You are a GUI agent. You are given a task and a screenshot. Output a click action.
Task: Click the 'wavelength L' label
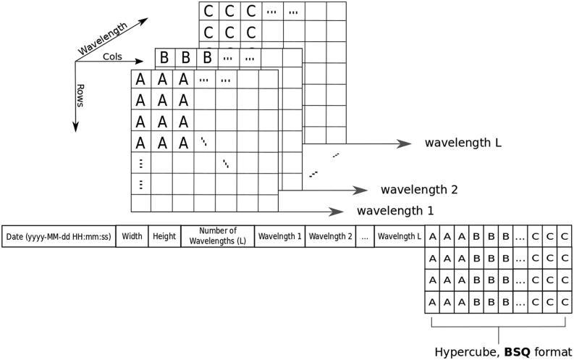click(463, 143)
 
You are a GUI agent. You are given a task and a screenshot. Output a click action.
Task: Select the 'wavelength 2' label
click(419, 190)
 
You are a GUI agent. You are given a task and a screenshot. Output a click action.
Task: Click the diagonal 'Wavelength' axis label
click(102, 38)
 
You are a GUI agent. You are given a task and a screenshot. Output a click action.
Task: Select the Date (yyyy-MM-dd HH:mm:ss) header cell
click(58, 236)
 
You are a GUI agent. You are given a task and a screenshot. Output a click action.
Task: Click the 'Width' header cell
click(131, 236)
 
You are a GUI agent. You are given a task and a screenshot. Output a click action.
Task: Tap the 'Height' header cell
click(164, 236)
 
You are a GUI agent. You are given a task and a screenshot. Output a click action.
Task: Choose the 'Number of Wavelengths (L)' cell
click(217, 236)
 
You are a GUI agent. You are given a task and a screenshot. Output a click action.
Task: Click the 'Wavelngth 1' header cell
click(280, 236)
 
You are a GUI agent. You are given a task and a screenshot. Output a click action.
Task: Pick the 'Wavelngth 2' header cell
click(330, 236)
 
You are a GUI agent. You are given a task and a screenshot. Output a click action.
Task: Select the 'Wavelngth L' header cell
click(399, 236)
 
